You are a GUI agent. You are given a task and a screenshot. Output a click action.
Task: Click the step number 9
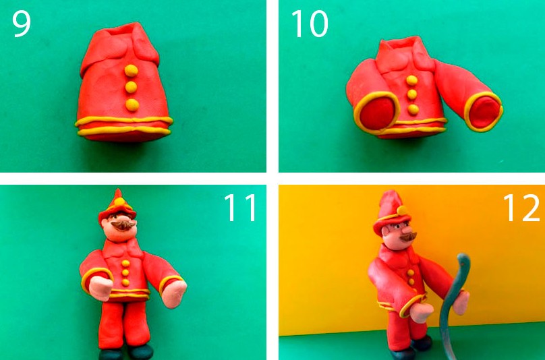[22, 24]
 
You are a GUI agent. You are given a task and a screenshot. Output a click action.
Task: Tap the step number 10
[310, 24]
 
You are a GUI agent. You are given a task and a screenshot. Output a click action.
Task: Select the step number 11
[240, 208]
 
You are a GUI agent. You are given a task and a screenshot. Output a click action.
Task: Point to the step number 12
[521, 208]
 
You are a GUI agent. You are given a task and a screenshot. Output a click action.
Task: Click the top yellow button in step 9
[132, 71]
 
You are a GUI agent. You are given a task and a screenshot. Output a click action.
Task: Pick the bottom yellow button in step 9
[132, 104]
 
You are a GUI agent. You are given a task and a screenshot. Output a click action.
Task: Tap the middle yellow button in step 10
[412, 94]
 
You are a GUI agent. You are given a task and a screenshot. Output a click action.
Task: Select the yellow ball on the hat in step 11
[119, 202]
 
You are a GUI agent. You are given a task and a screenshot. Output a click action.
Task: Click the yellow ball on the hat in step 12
[402, 210]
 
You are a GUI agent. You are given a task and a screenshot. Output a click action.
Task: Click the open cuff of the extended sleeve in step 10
[484, 111]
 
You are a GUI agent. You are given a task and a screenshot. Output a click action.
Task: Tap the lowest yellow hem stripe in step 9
[124, 131]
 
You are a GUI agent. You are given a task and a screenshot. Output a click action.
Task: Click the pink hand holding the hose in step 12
[461, 303]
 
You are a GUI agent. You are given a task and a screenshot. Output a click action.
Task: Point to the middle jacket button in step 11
[125, 273]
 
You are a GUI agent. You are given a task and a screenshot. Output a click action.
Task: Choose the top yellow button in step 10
[412, 80]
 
